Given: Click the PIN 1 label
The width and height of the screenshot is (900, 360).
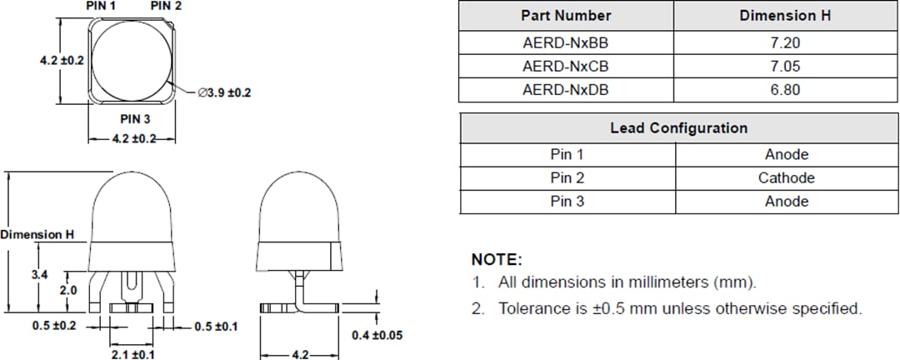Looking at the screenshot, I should (x=102, y=6).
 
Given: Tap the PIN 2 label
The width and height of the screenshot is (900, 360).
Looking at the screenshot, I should (x=166, y=6).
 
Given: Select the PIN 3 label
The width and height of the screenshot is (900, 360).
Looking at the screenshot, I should (x=135, y=119).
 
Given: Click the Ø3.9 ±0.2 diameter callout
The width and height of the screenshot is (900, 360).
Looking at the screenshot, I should (x=224, y=93).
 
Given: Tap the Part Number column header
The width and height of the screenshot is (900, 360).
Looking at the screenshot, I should (x=566, y=15).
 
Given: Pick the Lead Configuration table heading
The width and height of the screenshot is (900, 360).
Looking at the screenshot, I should (x=678, y=128).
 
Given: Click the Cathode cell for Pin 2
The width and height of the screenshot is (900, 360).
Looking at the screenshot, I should (x=786, y=177).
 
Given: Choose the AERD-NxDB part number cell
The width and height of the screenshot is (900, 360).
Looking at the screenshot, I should (x=566, y=89).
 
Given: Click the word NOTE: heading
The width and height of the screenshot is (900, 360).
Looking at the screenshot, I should (x=497, y=259).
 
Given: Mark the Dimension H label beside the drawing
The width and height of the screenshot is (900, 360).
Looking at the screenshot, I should (x=37, y=235).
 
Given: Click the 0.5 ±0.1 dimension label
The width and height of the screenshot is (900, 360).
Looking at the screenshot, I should (x=215, y=326).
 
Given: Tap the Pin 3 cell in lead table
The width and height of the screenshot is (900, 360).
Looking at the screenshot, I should (x=567, y=201).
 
